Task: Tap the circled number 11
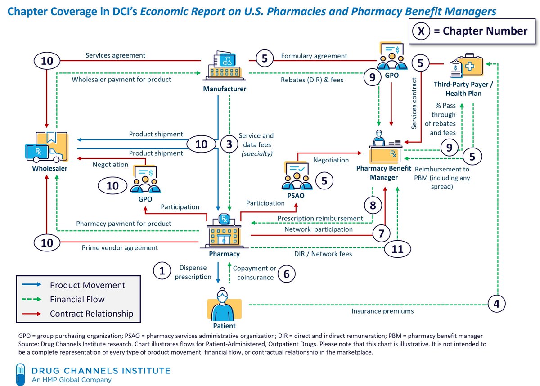click(x=397, y=249)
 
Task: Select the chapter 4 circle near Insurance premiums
click(x=496, y=304)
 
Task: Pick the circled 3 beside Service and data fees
click(x=229, y=144)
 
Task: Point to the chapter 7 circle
click(x=381, y=233)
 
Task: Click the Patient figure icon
click(x=224, y=303)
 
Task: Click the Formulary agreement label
click(x=314, y=56)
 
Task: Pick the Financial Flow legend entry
click(x=77, y=299)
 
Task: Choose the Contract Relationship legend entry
click(x=91, y=314)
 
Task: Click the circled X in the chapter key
click(x=421, y=31)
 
